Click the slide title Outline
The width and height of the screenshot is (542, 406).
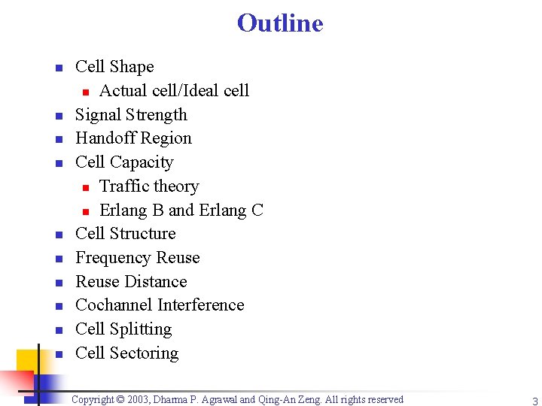[x=280, y=23]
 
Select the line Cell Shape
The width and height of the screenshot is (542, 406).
[x=114, y=67]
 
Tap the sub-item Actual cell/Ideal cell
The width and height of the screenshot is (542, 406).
[x=174, y=91]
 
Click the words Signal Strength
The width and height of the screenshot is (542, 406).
[x=131, y=115]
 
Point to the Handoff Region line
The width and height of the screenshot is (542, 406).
[x=133, y=138]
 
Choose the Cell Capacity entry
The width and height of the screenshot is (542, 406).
[x=124, y=162]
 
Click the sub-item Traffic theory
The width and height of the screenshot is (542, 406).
[x=149, y=186]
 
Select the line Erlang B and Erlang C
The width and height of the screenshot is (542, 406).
[x=181, y=211]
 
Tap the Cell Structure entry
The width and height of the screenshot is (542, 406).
[x=125, y=234]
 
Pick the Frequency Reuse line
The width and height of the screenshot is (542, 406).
[x=138, y=258]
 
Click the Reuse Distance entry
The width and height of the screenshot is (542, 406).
[x=131, y=282]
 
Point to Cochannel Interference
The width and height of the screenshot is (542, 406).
[x=160, y=305]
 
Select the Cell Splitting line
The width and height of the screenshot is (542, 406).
[x=123, y=329]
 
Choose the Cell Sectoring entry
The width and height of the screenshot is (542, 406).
[x=126, y=353]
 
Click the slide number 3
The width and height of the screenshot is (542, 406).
[x=534, y=401]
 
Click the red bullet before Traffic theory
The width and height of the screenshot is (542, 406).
[x=86, y=187]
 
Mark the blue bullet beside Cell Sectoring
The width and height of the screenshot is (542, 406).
[x=58, y=354]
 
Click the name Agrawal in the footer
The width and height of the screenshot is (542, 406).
[x=218, y=400]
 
